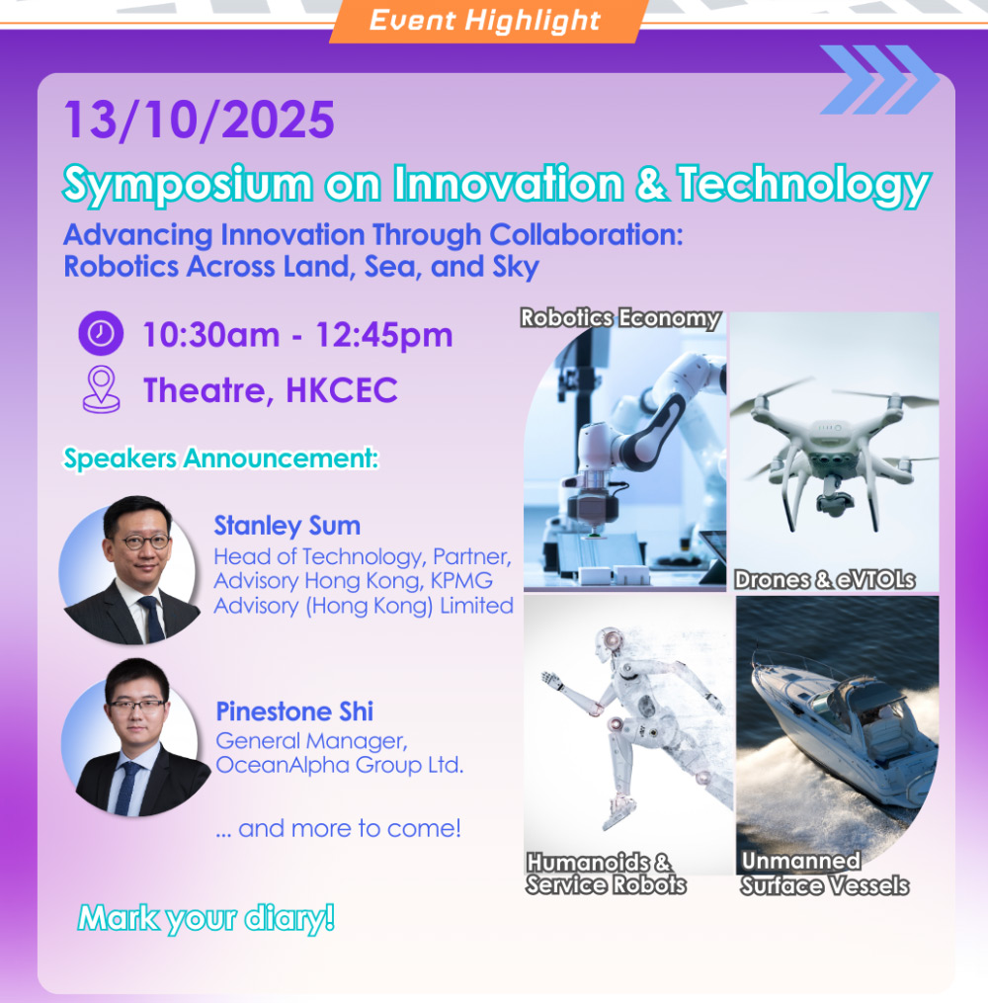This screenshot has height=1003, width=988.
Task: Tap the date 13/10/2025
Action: [x=199, y=120]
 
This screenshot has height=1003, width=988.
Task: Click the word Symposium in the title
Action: [x=188, y=184]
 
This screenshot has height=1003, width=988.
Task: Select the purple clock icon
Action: [x=101, y=333]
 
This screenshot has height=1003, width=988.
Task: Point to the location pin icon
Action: [x=101, y=389]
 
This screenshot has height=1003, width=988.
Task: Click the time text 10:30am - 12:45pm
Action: [x=297, y=335]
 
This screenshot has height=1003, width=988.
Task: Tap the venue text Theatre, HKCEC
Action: [x=271, y=389]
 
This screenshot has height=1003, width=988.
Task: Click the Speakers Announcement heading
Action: [x=220, y=458]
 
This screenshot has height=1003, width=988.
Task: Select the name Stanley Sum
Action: [x=288, y=525]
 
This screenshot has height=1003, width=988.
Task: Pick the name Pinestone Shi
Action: [x=294, y=711]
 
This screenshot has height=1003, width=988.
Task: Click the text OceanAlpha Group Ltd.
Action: [x=340, y=765]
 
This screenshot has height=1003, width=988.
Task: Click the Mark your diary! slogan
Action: [x=206, y=919]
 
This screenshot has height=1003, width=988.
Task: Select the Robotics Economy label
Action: [x=620, y=318]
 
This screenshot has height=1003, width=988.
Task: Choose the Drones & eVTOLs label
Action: [x=825, y=579]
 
